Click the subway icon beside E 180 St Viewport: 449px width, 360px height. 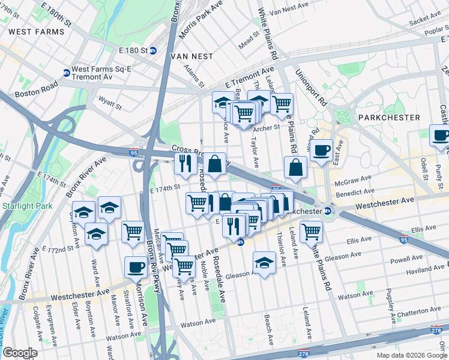pos(153,50)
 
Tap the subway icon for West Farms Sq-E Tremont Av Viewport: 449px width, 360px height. pos(66,73)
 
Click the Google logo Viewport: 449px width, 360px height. pos(19,353)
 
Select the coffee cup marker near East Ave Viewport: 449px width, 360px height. pos(322,149)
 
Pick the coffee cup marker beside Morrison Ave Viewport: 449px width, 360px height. pos(136,266)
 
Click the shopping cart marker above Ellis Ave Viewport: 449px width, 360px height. pos(311,231)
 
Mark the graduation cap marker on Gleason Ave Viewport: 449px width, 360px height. pos(264,262)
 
